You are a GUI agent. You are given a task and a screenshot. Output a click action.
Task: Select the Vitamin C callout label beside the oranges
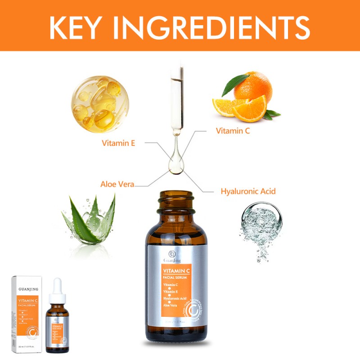point(233,131)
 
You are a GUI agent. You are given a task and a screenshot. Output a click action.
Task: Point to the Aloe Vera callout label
point(117,184)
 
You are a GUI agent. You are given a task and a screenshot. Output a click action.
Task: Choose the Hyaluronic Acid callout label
point(248,191)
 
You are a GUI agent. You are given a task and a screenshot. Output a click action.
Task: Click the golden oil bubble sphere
point(100,104)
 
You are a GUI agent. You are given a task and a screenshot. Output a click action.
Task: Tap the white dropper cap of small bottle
point(57,288)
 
